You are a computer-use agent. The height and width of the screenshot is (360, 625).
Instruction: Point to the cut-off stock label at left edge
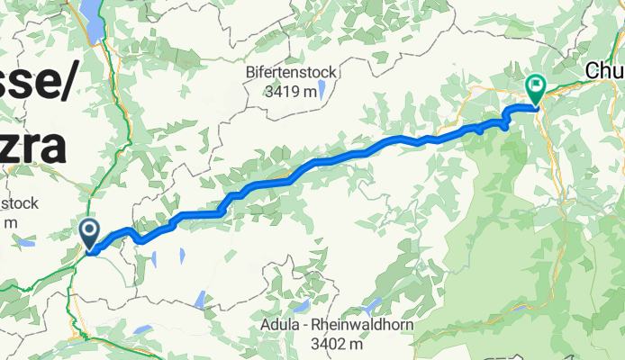pyautogui.click(x=18, y=203)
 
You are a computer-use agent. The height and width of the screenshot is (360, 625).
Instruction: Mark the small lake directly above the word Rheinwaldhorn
pyautogui.click(x=370, y=306)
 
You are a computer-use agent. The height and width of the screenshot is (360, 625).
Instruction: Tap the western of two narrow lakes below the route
pyautogui.click(x=154, y=260)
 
